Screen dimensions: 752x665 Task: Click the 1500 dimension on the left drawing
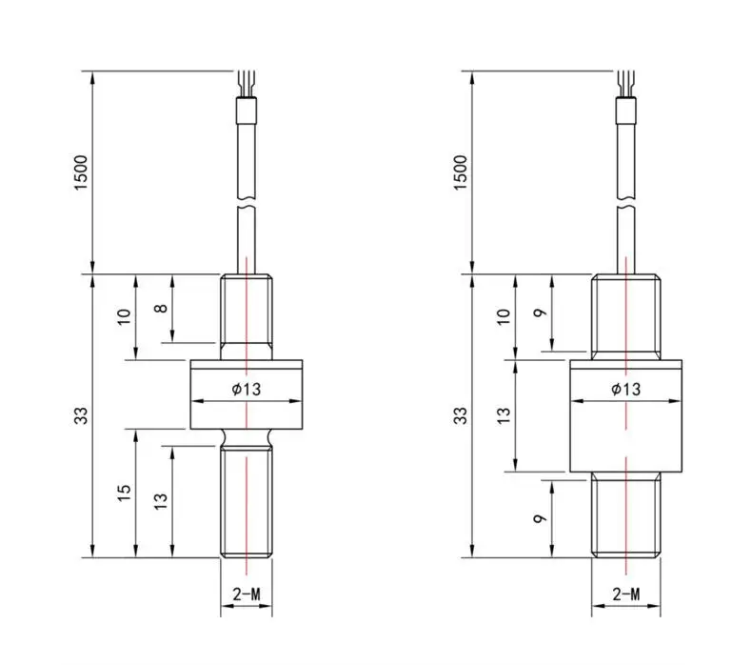(x=82, y=172)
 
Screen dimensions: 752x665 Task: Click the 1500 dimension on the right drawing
(x=461, y=172)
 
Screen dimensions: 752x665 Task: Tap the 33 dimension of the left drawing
(x=82, y=415)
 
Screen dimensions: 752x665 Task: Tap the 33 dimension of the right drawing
(x=461, y=415)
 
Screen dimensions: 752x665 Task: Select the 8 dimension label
(x=162, y=309)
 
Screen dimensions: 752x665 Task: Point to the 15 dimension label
(x=124, y=494)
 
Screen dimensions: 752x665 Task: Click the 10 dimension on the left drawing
(x=124, y=317)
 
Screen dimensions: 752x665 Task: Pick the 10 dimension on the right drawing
(x=504, y=317)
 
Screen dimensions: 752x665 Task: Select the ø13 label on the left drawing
(x=247, y=389)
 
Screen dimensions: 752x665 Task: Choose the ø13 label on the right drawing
(x=625, y=389)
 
